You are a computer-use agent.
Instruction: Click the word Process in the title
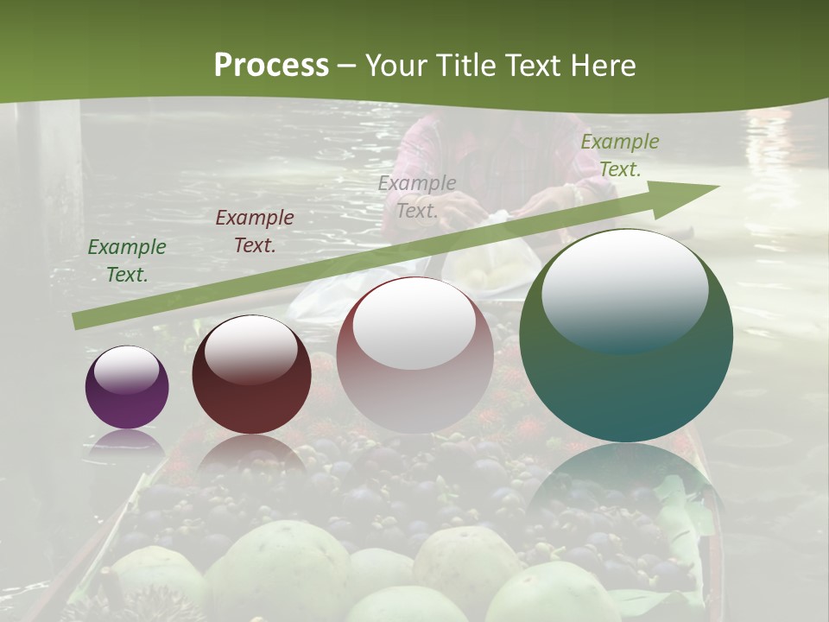(271, 66)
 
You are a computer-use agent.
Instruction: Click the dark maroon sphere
(251, 375)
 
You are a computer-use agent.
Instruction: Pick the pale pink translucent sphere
(414, 354)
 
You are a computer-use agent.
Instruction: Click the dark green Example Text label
(127, 261)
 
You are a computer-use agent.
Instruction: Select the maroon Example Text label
(255, 232)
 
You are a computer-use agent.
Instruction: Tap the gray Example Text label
(417, 196)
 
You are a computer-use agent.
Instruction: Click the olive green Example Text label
(620, 155)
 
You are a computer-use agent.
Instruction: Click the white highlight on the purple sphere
(127, 370)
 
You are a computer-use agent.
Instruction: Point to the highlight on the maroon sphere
(251, 349)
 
